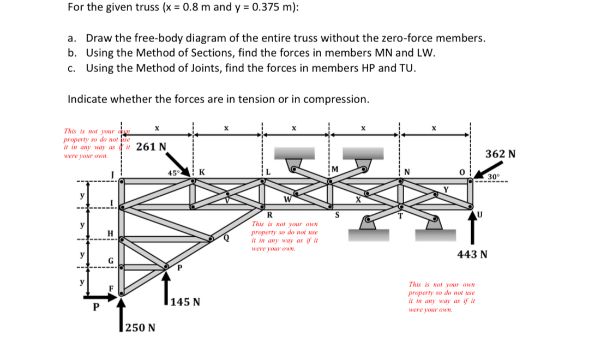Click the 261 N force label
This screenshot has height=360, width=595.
pyautogui.click(x=151, y=146)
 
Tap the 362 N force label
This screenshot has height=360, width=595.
pyautogui.click(x=500, y=154)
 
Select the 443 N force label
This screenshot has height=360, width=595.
pyautogui.click(x=472, y=254)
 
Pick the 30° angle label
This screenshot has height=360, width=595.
pyautogui.click(x=493, y=177)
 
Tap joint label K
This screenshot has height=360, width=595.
pyautogui.click(x=202, y=172)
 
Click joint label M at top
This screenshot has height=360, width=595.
pyautogui.click(x=334, y=168)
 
